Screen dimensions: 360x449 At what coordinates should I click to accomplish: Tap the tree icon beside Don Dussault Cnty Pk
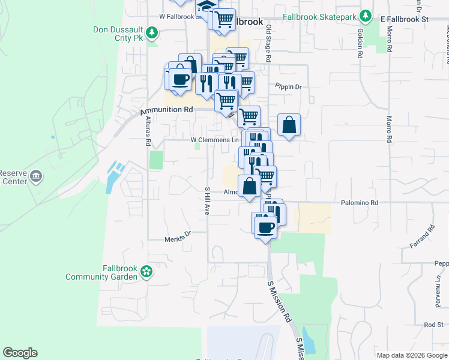[x=153, y=32]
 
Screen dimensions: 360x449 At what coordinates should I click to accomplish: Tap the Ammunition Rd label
[x=166, y=110]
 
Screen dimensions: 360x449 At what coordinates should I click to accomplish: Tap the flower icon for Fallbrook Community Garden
[x=146, y=272]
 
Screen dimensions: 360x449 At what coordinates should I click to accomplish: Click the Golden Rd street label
[x=360, y=44]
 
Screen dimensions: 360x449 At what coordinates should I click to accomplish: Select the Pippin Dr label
[x=288, y=86]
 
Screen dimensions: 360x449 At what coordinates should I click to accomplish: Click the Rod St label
[x=433, y=325]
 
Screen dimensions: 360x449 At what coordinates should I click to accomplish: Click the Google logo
[x=20, y=353]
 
